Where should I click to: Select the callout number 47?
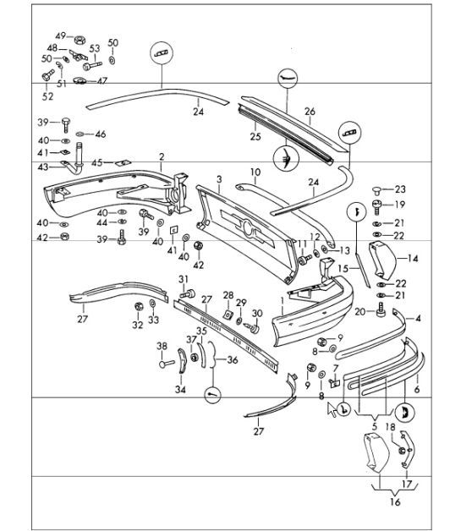(x=102, y=81)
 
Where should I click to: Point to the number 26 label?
(x=310, y=112)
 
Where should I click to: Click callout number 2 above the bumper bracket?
(x=161, y=156)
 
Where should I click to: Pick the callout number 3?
(x=218, y=179)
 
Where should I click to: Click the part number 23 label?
(x=400, y=189)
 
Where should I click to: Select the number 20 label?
(x=359, y=312)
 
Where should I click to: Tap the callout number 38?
(x=162, y=346)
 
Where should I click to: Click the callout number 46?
(x=101, y=134)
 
